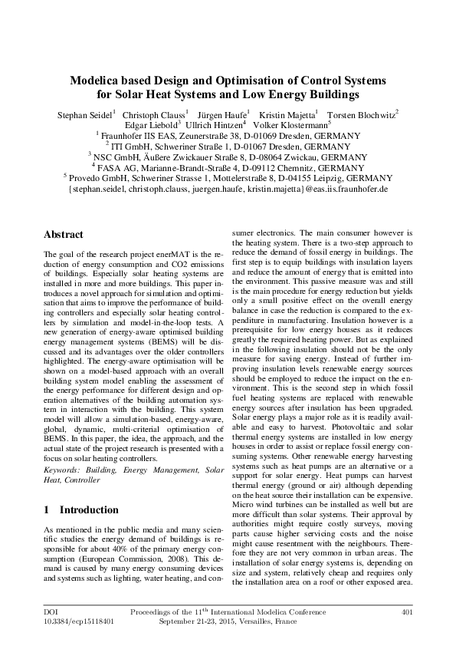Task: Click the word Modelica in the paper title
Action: tap(95, 81)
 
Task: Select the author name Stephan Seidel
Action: tap(84, 114)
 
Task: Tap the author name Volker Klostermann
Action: tap(294, 125)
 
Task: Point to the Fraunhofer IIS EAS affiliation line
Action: tap(228, 136)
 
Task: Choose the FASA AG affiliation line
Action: tap(228, 166)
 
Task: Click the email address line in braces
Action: tap(228, 187)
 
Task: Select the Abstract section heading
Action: tap(58, 233)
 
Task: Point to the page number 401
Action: tap(407, 612)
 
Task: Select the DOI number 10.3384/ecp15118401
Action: tap(77, 622)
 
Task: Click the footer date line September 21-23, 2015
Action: tap(228, 622)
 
